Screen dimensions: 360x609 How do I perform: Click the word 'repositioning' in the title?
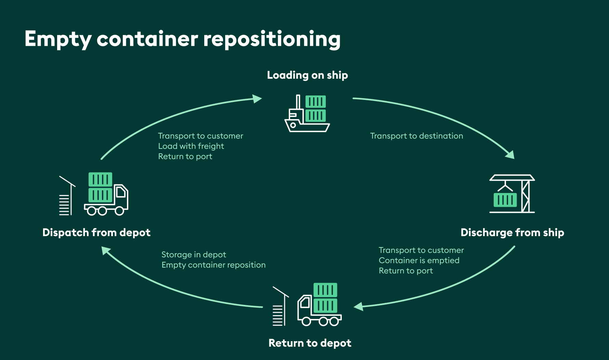click(x=272, y=39)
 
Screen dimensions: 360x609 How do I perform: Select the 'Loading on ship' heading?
click(x=307, y=75)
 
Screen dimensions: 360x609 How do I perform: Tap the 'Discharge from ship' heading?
click(x=512, y=233)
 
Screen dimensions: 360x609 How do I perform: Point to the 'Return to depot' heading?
click(x=310, y=343)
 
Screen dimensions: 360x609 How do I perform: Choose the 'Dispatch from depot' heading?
click(x=96, y=233)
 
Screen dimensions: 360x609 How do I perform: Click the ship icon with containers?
click(x=307, y=114)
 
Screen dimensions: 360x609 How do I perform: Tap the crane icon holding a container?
click(x=512, y=194)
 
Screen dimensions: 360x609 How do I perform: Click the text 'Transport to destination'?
click(x=416, y=136)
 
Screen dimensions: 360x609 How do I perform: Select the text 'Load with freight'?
click(x=191, y=146)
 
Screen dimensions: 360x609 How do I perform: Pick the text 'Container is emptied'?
click(x=419, y=260)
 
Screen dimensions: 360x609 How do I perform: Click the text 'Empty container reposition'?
click(x=213, y=265)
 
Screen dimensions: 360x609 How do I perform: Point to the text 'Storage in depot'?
click(x=194, y=255)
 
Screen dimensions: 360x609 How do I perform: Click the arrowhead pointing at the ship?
click(x=257, y=99)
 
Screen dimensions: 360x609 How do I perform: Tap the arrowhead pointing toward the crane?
click(x=510, y=155)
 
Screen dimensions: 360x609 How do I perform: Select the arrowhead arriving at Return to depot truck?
click(x=358, y=306)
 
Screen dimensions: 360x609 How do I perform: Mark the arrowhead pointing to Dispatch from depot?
click(x=106, y=251)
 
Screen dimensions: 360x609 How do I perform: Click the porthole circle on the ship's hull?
click(x=293, y=125)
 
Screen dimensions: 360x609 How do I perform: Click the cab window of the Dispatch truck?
click(x=121, y=192)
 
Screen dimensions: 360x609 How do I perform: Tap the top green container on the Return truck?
click(x=325, y=290)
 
